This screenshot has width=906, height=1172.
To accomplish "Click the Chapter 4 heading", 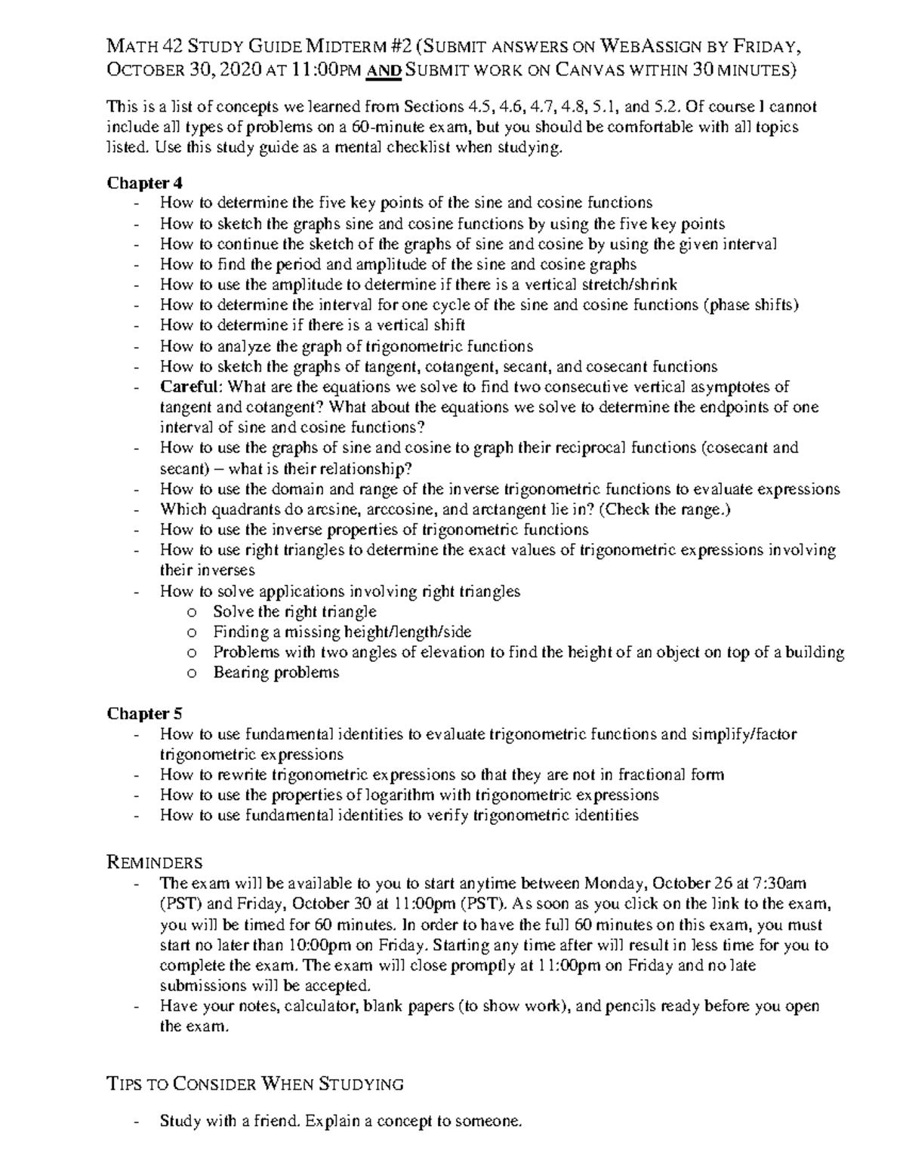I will pyautogui.click(x=144, y=183).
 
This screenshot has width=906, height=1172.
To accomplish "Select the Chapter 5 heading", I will pyautogui.click(x=144, y=713).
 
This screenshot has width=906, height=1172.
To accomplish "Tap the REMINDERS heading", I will pyautogui.click(x=155, y=862).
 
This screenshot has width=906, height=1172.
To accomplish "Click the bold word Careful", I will pyautogui.click(x=191, y=387).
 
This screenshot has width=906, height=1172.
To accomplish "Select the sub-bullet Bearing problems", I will pyautogui.click(x=276, y=672).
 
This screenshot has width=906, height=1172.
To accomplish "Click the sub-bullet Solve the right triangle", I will pyautogui.click(x=294, y=611).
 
